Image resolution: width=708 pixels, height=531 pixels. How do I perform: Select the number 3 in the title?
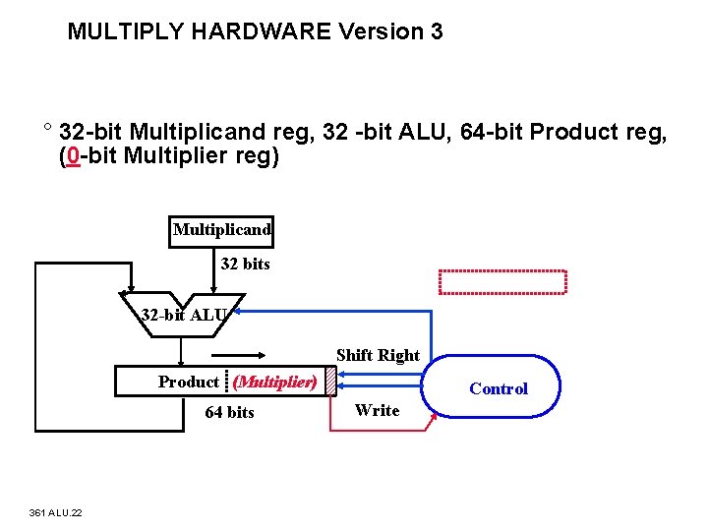(x=436, y=31)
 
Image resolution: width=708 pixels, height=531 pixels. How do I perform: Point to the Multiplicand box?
(x=222, y=231)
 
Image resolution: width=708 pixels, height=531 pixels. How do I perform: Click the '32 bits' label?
(x=245, y=265)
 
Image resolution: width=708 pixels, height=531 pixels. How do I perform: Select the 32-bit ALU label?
(x=185, y=316)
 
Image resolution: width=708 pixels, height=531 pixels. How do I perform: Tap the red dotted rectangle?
(x=503, y=282)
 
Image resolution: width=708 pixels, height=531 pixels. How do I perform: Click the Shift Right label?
(x=378, y=355)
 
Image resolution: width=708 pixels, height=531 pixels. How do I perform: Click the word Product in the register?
(x=189, y=382)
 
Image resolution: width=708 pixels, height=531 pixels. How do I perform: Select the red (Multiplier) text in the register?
(x=275, y=382)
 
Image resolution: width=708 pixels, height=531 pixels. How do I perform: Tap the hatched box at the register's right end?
(x=331, y=381)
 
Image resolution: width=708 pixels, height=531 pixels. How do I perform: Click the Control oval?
(x=498, y=388)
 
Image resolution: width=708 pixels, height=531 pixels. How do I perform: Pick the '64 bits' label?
(x=229, y=413)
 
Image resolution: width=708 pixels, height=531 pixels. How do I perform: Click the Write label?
(x=378, y=411)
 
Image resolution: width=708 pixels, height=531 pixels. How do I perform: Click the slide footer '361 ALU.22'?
(x=56, y=512)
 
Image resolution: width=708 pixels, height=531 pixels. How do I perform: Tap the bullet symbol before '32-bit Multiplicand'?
(x=46, y=129)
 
